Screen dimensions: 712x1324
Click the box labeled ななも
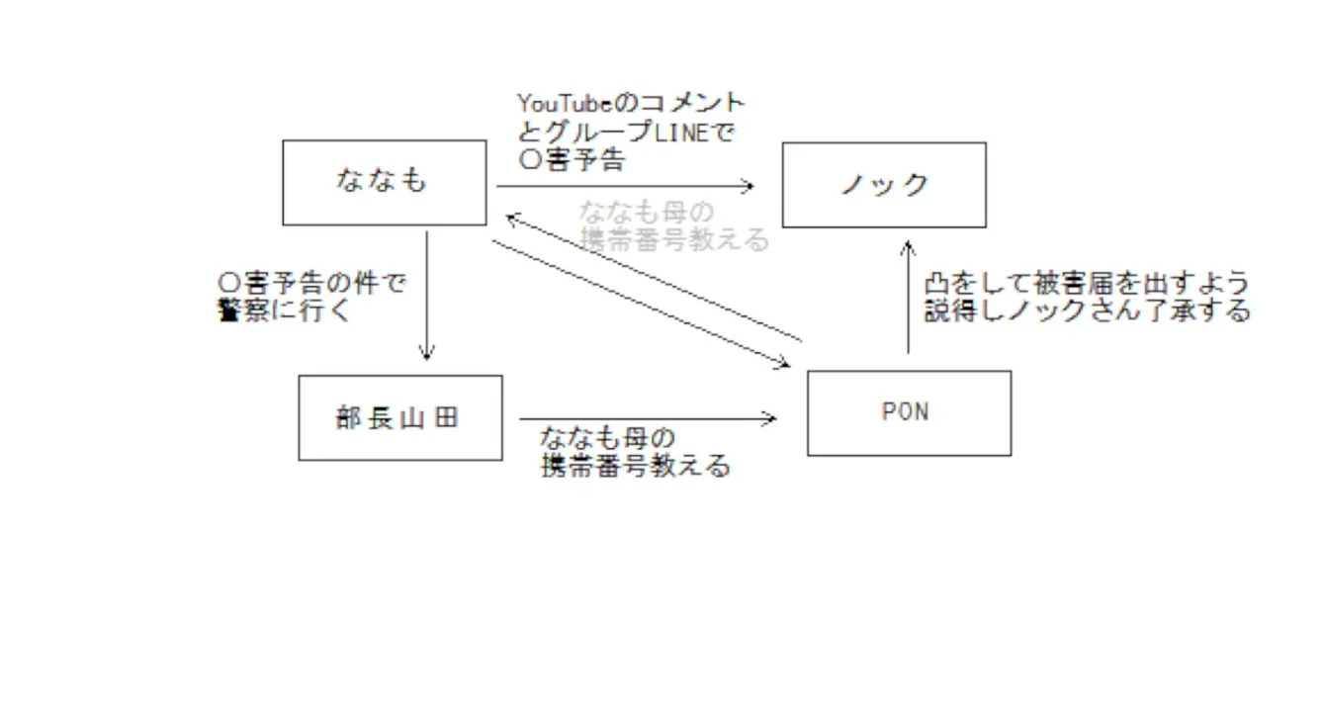(384, 182)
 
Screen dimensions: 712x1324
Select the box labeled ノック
(883, 185)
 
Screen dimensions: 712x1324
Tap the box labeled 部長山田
(399, 417)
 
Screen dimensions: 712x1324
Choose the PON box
(908, 412)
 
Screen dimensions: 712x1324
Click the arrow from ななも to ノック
(623, 185)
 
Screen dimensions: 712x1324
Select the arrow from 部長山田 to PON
(647, 419)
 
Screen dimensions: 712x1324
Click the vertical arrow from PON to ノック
(907, 297)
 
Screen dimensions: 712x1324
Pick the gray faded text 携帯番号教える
(674, 240)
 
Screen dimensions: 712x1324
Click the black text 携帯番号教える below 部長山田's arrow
(636, 466)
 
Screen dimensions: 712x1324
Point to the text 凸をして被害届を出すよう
(1086, 284)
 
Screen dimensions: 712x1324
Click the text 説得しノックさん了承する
(1087, 311)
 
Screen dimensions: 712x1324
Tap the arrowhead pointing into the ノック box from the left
(749, 185)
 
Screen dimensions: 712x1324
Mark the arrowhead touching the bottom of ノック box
(907, 246)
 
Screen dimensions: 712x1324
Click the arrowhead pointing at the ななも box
(509, 216)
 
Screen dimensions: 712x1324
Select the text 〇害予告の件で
(311, 284)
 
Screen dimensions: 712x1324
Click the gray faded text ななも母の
(646, 213)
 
